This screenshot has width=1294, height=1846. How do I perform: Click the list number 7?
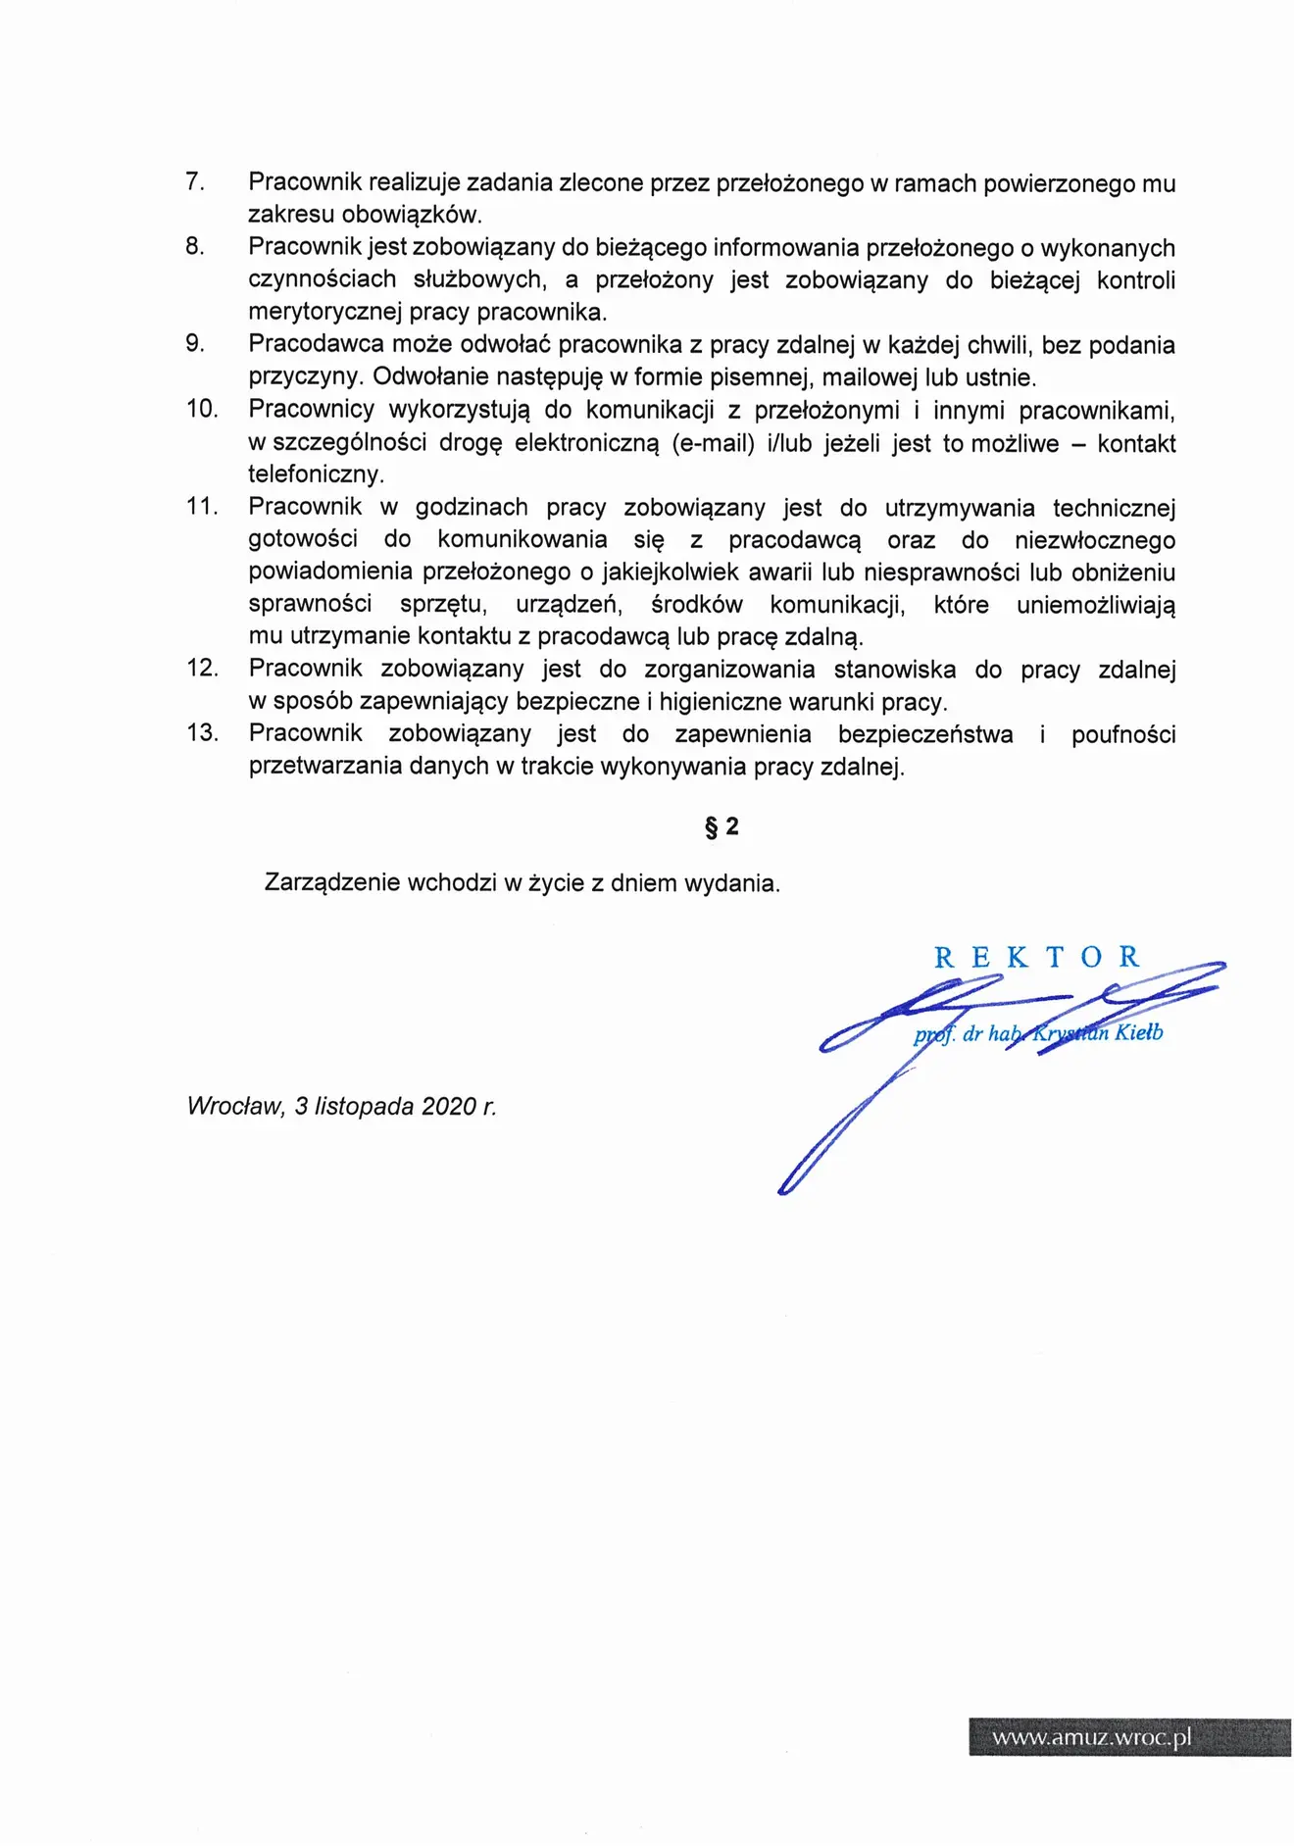[x=195, y=182]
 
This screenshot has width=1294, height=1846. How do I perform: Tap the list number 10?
[x=202, y=409]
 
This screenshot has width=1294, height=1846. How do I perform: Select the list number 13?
[x=202, y=733]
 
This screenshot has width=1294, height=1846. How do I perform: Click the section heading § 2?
[x=722, y=827]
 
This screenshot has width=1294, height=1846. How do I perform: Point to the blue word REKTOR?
[x=1036, y=958]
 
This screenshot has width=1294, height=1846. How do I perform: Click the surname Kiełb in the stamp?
[x=1138, y=1032]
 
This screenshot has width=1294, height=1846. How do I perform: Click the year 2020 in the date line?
[x=448, y=1107]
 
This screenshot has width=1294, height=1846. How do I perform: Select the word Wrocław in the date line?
[x=235, y=1107]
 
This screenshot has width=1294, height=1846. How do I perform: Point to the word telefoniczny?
[x=316, y=475]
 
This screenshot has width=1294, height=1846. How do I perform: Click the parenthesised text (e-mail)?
[x=714, y=443]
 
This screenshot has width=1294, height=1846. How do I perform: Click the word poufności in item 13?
[x=1122, y=735]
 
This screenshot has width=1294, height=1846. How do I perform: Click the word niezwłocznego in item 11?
[x=1094, y=540]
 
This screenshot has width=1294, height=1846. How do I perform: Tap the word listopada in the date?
[x=363, y=1107]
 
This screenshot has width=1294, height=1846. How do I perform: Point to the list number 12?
[x=202, y=669]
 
